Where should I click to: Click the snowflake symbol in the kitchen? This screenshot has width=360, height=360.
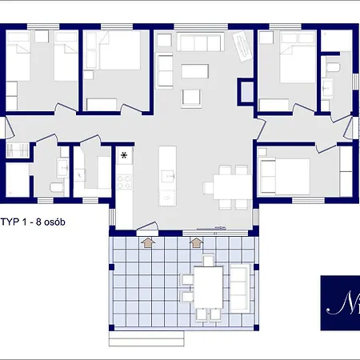(x=125, y=155)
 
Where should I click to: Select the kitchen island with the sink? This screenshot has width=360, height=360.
(x=167, y=175)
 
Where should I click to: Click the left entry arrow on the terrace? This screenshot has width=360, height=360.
(x=147, y=242)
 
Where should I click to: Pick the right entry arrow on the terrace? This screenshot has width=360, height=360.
(x=198, y=242)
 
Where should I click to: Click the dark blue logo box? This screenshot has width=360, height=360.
(x=339, y=302)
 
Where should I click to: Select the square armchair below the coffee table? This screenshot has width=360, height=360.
(x=190, y=98)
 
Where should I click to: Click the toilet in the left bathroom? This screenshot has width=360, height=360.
(x=54, y=187)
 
